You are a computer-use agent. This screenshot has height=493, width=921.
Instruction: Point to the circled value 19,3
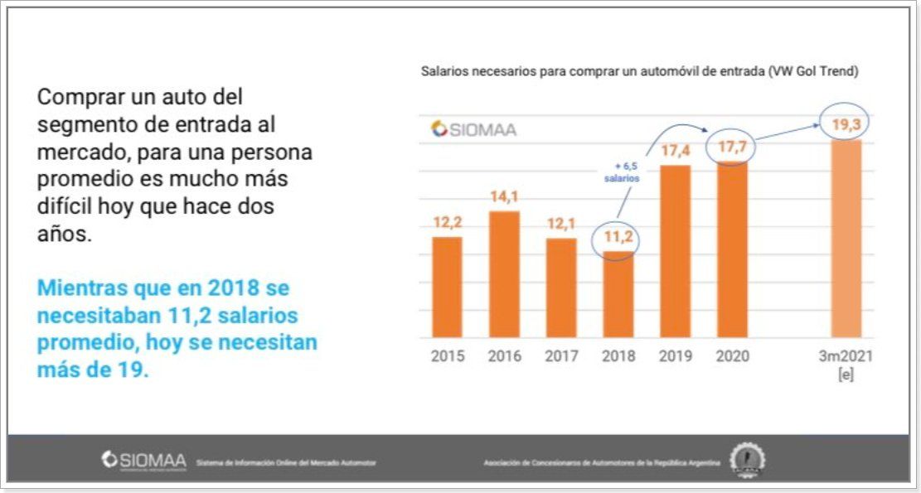(844, 125)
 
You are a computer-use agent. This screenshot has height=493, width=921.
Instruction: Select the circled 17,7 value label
(731, 147)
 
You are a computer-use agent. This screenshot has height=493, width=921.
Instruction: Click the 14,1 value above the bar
(504, 197)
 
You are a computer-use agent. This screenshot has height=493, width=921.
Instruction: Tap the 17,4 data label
(675, 152)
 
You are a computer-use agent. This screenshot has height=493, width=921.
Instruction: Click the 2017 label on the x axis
(561, 356)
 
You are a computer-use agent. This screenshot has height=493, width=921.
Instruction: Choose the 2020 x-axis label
(732, 356)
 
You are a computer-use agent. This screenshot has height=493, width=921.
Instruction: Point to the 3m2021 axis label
(846, 356)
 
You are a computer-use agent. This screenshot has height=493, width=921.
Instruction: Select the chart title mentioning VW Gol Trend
(639, 72)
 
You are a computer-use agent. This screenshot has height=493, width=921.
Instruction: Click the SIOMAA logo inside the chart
(473, 129)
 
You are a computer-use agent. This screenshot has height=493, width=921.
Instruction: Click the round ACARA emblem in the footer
(747, 460)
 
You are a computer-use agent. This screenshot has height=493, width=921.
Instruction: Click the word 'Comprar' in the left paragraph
(76, 97)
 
